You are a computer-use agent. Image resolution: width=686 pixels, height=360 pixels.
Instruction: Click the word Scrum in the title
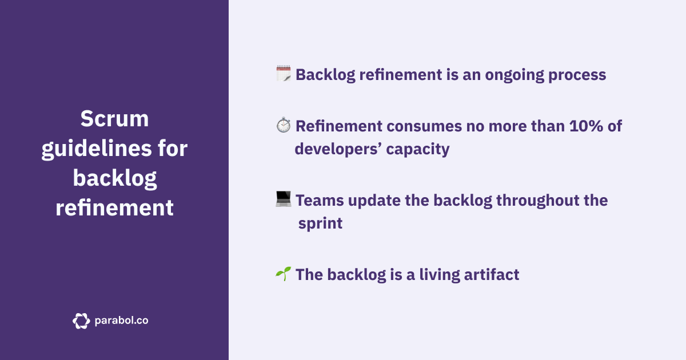[114, 119]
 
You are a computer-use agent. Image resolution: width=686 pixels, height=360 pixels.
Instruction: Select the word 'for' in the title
[172, 149]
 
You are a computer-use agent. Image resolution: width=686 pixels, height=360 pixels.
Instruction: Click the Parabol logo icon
[81, 321]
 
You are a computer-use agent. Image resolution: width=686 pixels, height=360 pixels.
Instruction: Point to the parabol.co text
[121, 321]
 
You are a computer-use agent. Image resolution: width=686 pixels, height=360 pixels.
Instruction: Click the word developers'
[337, 149]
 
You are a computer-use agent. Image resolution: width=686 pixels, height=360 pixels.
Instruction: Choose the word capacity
[417, 149]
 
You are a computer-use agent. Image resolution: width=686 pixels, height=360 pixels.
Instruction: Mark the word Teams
[318, 200]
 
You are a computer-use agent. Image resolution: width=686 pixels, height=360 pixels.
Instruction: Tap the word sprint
[320, 223]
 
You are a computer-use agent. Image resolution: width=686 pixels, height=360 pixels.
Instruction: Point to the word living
[438, 274]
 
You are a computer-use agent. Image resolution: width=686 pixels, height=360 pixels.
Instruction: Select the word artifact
[494, 274]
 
